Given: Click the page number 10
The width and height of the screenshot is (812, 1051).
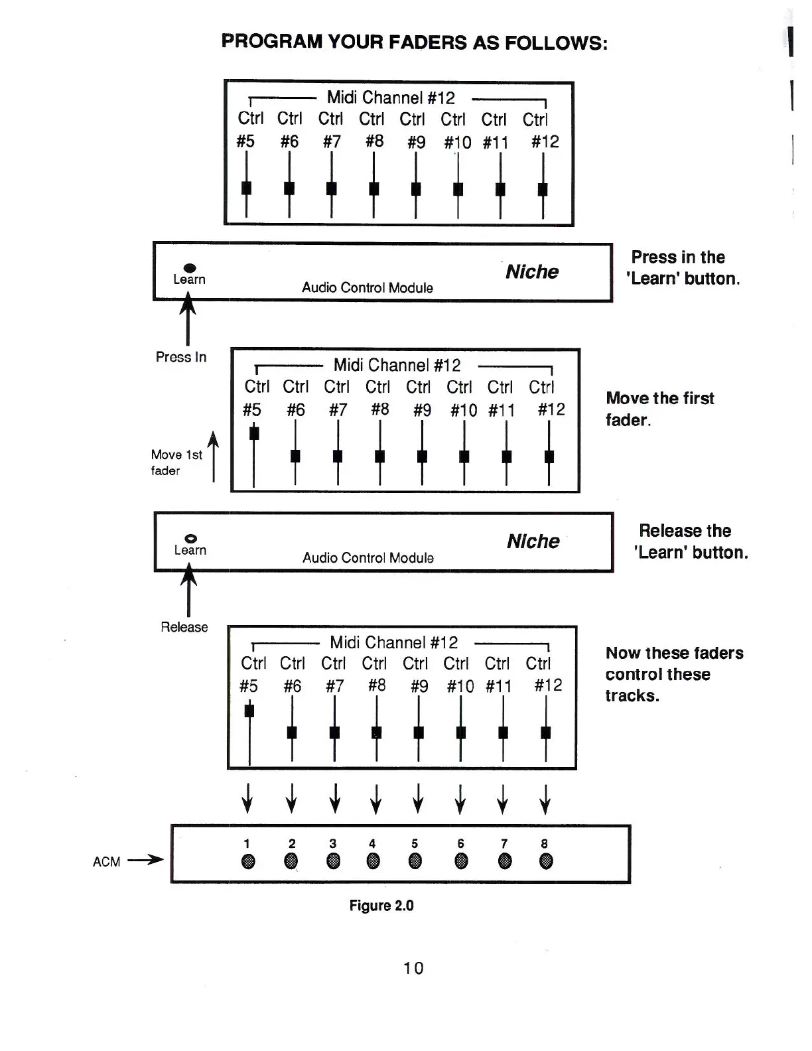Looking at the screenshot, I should click(413, 968).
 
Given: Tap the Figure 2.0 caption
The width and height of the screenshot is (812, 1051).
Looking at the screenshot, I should click(381, 906).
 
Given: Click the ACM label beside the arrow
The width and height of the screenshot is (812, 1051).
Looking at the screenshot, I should click(106, 862).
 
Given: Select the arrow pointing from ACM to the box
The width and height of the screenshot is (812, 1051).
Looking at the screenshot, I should click(145, 861).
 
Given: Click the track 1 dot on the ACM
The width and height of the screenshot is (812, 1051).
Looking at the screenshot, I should click(248, 861).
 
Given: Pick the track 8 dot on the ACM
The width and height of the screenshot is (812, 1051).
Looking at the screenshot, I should click(546, 861).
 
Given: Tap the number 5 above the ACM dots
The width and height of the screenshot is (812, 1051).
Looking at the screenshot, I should click(415, 843).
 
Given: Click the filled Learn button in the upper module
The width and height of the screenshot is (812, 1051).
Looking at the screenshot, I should click(190, 268).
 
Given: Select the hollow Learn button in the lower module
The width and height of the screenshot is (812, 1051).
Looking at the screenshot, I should click(190, 538).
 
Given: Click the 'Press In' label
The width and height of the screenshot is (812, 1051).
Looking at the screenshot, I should click(181, 357).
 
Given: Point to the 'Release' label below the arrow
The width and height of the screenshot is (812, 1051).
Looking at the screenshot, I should click(184, 627).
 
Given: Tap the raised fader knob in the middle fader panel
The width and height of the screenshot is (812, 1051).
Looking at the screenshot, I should click(253, 433).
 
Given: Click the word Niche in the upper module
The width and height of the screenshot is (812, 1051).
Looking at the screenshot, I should click(532, 272).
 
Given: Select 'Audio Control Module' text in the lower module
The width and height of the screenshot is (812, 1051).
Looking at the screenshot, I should click(368, 558).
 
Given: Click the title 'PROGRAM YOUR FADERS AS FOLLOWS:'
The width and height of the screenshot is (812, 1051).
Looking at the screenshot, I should click(414, 42).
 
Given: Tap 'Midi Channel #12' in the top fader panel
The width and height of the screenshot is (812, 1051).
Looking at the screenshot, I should click(391, 98).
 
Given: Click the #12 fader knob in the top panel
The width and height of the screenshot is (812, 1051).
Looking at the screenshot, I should click(543, 189).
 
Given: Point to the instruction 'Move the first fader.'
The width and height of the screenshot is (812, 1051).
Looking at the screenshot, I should click(659, 409).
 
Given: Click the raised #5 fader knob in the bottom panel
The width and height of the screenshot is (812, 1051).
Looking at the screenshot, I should click(249, 711).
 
